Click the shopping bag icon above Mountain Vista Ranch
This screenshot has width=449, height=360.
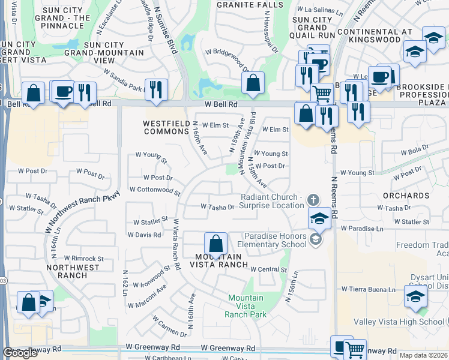pos(215,244)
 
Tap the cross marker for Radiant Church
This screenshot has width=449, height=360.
pos(312,199)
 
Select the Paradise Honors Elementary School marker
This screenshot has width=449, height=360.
pos(315,240)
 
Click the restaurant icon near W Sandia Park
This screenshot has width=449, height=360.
pos(156,89)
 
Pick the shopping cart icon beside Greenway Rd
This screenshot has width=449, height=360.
pos(355,349)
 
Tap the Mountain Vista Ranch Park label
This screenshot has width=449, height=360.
pos(245,306)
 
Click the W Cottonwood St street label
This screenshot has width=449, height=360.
pos(154,191)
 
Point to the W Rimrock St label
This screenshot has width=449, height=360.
pos(85,259)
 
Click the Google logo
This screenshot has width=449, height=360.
pos(20,353)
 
